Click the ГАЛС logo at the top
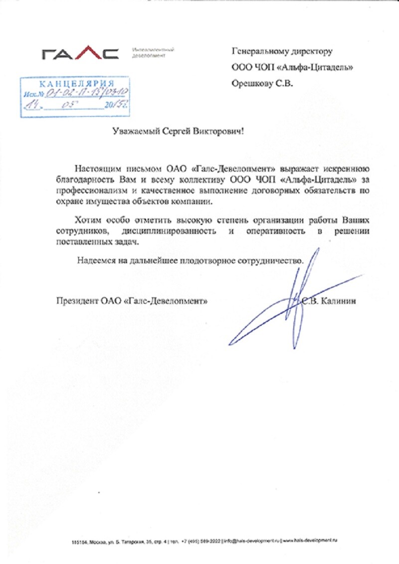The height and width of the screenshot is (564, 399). point(80,53)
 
